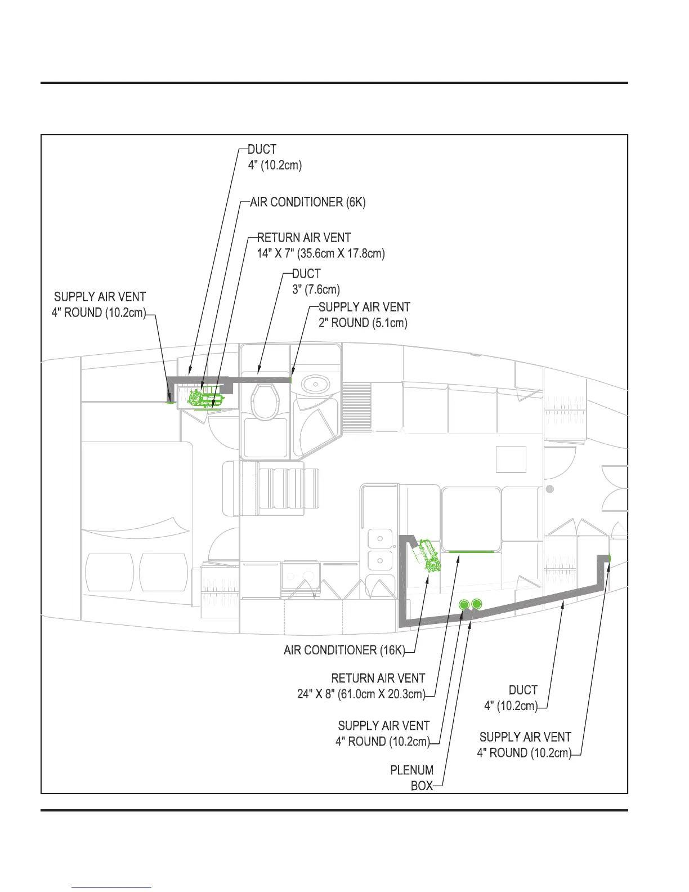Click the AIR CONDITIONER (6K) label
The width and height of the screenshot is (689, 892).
[x=308, y=202]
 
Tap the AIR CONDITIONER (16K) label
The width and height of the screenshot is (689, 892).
[x=344, y=650]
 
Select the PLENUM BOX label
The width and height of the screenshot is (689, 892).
[x=413, y=778]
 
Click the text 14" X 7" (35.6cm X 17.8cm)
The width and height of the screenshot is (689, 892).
[x=321, y=253]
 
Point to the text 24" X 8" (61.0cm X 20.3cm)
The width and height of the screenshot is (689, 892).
[x=361, y=694]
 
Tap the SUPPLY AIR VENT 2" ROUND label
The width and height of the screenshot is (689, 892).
[x=364, y=315]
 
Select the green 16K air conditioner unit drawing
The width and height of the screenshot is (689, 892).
[x=427, y=555]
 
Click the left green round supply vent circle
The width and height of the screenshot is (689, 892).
[x=464, y=605]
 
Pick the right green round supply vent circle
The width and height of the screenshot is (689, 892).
[x=477, y=604]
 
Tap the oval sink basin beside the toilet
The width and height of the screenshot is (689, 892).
[x=316, y=384]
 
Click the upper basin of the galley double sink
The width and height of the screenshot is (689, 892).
[x=381, y=539]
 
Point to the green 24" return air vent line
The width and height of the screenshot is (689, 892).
[x=468, y=552]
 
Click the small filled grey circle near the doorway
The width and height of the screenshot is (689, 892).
[x=550, y=489]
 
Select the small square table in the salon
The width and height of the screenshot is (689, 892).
[x=511, y=459]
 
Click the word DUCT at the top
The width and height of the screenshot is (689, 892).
[x=262, y=150]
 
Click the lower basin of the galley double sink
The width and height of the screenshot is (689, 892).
[x=381, y=561]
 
